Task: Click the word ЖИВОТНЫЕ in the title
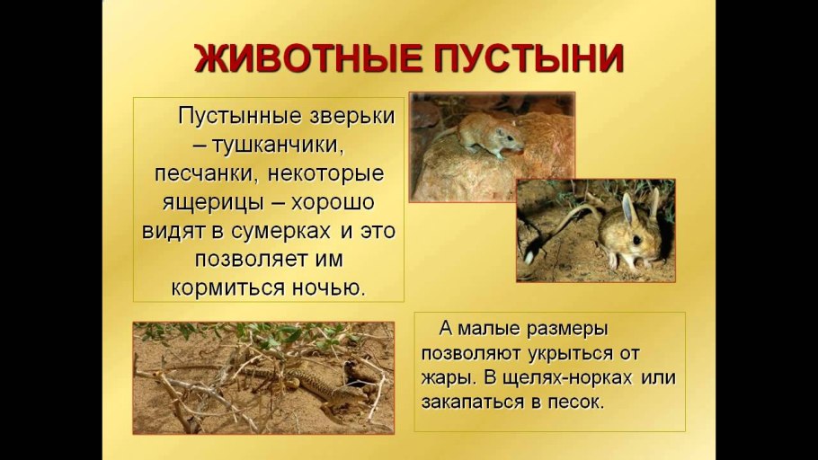click(308, 58)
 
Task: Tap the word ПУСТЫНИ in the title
click(529, 58)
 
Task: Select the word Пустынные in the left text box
click(239, 116)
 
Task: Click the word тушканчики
click(278, 145)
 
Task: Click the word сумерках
click(280, 231)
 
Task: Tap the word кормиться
click(228, 287)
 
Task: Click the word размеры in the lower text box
click(567, 329)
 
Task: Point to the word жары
click(449, 377)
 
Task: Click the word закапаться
click(473, 402)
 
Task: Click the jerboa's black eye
click(637, 239)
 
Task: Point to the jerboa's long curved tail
click(558, 229)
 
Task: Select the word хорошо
click(333, 202)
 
